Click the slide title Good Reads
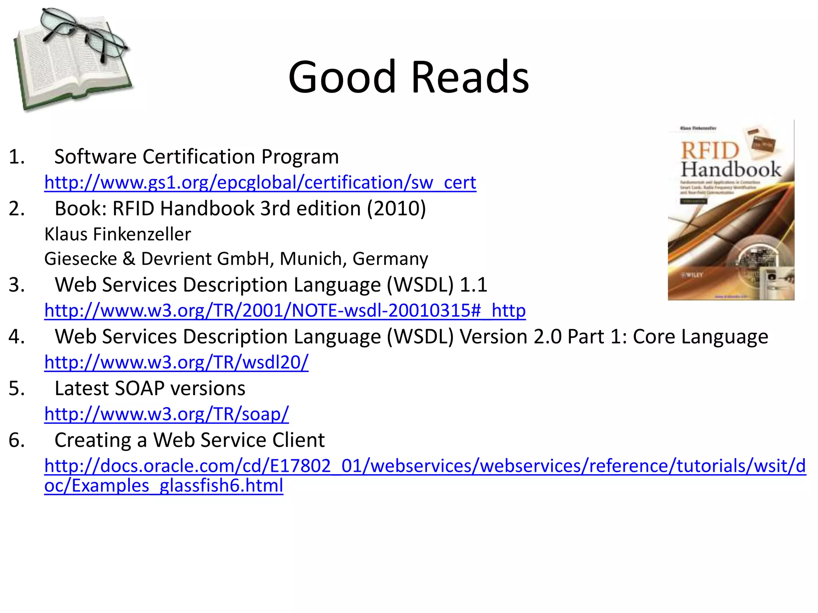click(x=409, y=77)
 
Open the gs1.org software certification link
click(x=260, y=183)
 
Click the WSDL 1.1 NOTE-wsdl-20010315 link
click(x=285, y=310)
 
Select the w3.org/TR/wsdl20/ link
click(x=176, y=362)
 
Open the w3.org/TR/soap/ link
click(x=166, y=414)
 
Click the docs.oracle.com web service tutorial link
click(x=425, y=466)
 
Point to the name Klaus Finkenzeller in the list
click(x=117, y=234)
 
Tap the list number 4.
click(x=16, y=336)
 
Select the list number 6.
click(x=16, y=440)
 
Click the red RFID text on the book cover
click(x=710, y=151)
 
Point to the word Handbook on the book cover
click(x=731, y=170)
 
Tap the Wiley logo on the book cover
click(x=692, y=275)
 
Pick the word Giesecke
click(x=81, y=259)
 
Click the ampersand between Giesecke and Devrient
click(x=129, y=259)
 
